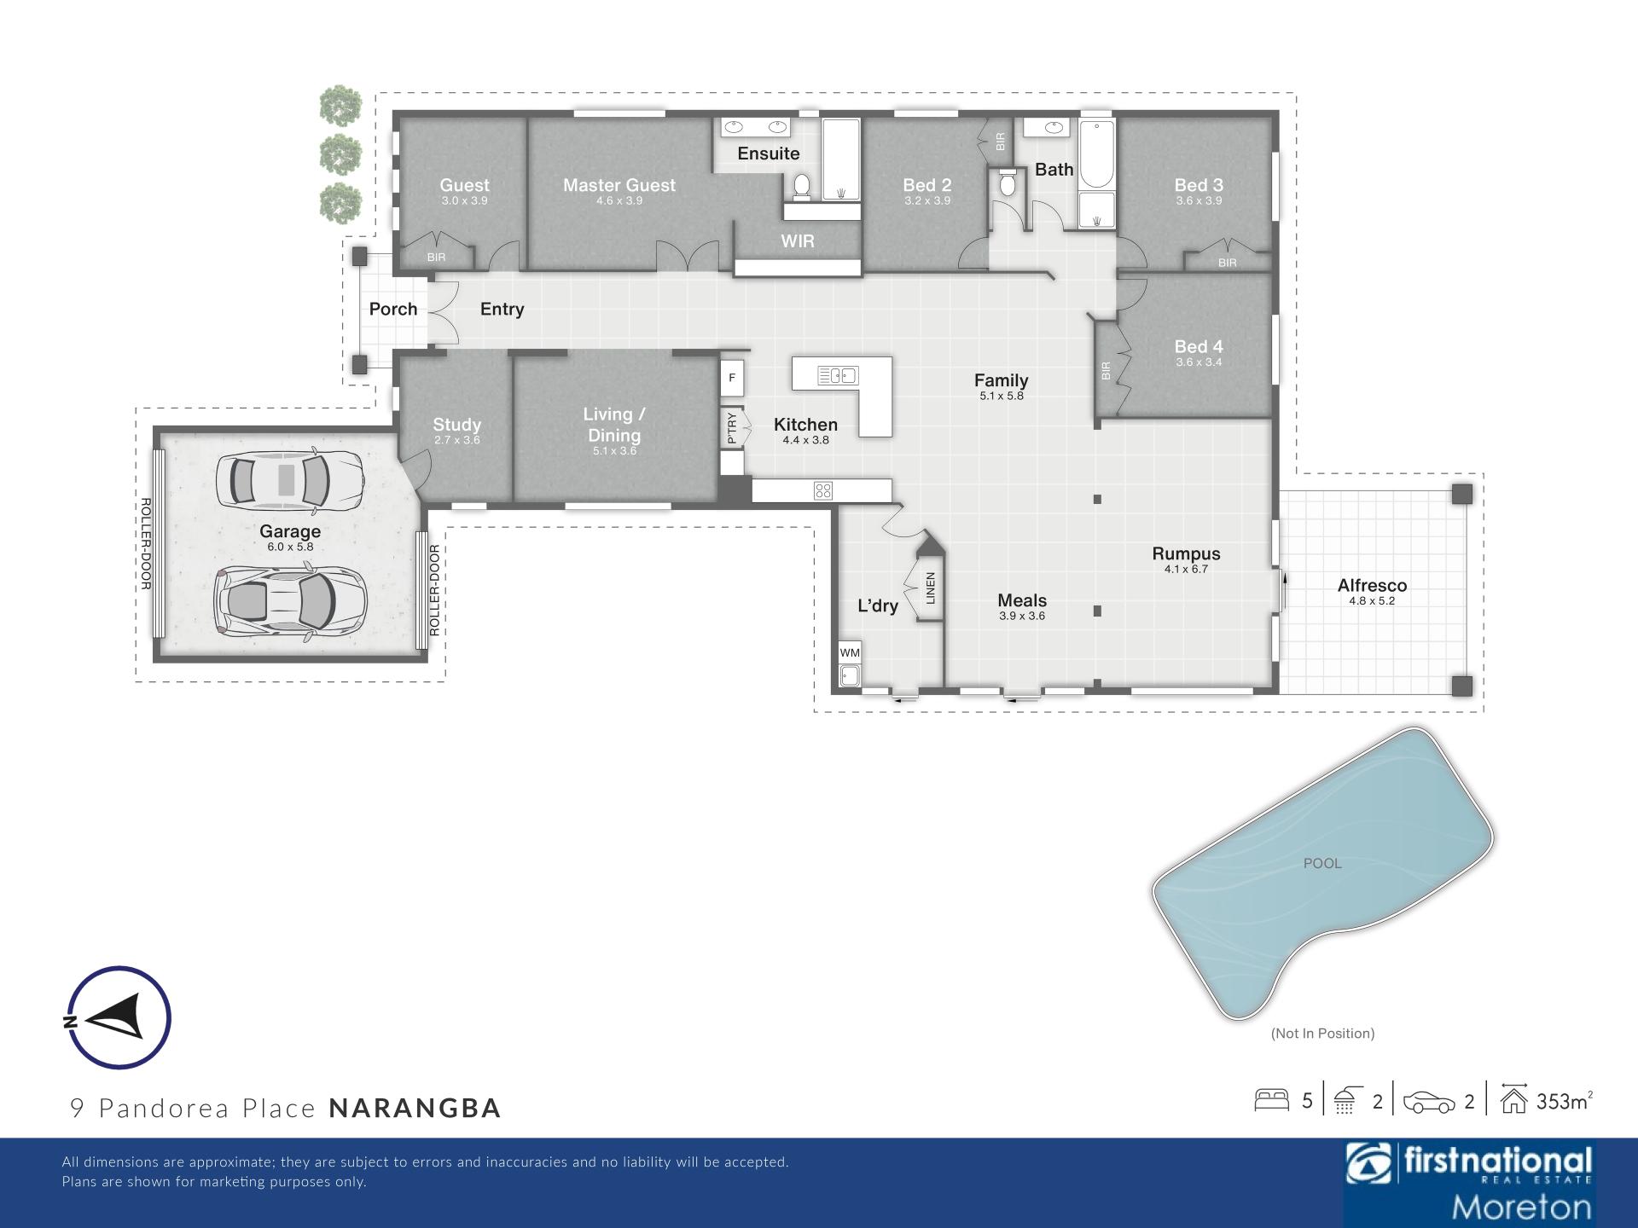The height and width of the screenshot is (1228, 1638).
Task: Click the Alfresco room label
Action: (x=1372, y=586)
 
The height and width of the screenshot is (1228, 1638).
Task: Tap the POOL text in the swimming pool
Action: (x=1322, y=863)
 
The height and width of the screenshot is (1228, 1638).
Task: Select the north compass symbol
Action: (x=119, y=1017)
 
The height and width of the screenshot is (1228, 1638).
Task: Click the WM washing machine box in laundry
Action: (x=850, y=652)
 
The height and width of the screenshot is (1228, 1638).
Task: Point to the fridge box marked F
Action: (x=732, y=378)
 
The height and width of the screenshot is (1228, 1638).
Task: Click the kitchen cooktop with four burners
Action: (x=822, y=490)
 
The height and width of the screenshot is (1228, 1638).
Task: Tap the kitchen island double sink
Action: (x=837, y=375)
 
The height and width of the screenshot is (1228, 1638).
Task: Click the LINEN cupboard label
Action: (x=931, y=588)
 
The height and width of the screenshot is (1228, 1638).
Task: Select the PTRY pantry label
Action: (x=732, y=427)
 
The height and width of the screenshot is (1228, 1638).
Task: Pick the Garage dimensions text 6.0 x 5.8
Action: (x=290, y=547)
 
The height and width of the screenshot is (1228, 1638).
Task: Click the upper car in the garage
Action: (x=288, y=479)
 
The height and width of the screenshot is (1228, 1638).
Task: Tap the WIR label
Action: (x=798, y=241)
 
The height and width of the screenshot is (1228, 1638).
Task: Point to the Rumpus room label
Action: (x=1186, y=553)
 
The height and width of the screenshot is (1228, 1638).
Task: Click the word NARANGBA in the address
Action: (x=415, y=1108)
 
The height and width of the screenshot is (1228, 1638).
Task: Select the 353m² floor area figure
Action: (x=1564, y=1101)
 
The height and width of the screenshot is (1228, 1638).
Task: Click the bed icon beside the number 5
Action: (x=1271, y=1100)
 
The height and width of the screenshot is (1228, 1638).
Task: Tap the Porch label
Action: (x=393, y=309)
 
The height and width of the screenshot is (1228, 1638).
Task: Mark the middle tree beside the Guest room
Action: (x=340, y=155)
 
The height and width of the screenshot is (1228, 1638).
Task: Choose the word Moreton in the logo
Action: (x=1521, y=1207)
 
